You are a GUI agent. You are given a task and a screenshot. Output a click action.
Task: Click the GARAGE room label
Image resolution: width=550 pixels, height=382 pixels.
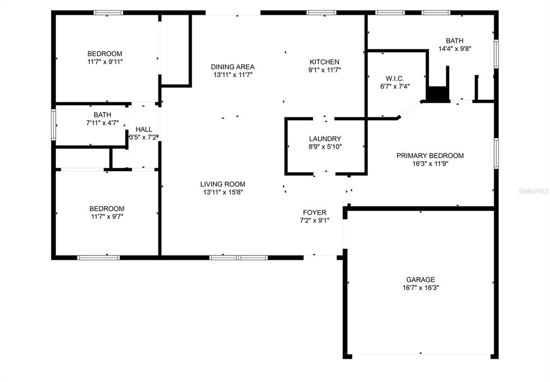click(x=420, y=280)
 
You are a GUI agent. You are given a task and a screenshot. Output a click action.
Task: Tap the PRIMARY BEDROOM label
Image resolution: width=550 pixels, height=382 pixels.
click(x=430, y=156)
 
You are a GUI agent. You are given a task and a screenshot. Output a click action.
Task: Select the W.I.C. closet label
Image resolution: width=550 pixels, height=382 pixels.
click(x=395, y=78)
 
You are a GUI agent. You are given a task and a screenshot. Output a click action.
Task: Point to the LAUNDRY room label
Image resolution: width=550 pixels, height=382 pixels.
click(x=325, y=139)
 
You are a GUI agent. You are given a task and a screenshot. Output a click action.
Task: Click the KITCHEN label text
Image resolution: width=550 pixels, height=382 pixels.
click(x=324, y=62)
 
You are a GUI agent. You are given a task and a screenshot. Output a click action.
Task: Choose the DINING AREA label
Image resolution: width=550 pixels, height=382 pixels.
click(x=233, y=67)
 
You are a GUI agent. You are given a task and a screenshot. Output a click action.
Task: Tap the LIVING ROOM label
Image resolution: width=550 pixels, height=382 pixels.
click(x=223, y=184)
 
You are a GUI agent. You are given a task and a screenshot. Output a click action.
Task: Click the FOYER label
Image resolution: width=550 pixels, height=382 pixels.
click(x=315, y=212)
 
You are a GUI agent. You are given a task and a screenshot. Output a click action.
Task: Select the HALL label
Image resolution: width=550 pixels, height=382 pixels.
click(x=144, y=130)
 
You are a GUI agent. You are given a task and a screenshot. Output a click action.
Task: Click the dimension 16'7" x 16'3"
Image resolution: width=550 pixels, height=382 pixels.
click(x=421, y=288)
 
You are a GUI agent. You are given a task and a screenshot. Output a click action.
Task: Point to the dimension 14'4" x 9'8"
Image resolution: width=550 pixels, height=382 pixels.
click(x=454, y=49)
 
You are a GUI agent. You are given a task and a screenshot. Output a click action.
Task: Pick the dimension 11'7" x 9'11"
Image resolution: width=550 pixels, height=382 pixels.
click(x=105, y=62)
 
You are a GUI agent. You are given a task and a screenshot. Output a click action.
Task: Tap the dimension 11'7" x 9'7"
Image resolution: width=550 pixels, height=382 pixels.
click(x=107, y=217)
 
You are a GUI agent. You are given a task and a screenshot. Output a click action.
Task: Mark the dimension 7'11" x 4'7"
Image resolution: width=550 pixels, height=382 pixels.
click(x=103, y=123)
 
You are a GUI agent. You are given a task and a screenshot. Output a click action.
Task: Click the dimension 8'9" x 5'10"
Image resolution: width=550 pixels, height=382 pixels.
click(x=325, y=147)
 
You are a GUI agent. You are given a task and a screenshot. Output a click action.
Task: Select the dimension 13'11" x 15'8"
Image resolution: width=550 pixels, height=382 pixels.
click(x=223, y=192)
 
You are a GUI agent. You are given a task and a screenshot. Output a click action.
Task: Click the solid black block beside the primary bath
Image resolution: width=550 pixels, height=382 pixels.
click(x=438, y=94)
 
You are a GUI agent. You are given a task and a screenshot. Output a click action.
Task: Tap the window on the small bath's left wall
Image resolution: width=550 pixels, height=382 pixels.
click(x=54, y=125)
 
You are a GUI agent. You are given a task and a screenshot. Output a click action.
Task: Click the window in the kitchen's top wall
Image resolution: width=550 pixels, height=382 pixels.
click(x=321, y=13)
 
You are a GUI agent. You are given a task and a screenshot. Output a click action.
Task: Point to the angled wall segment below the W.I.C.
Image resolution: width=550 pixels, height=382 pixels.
click(x=410, y=109)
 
